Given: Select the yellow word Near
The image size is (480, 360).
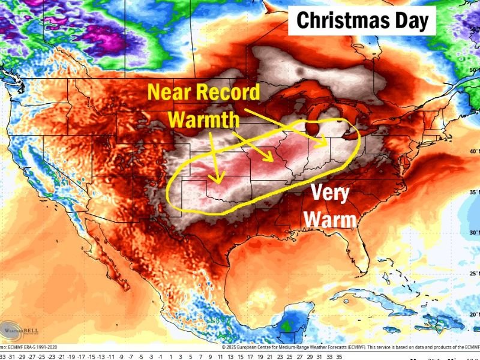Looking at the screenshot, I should click(x=172, y=92).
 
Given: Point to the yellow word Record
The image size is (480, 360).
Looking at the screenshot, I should click(x=229, y=92).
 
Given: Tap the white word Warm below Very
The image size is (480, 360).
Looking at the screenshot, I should click(x=330, y=220).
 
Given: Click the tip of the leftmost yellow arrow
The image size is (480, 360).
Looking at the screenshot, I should click(x=219, y=181).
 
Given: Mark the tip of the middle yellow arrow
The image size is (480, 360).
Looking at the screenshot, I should click(x=273, y=161).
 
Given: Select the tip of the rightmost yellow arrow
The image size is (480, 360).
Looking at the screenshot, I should click(x=328, y=145).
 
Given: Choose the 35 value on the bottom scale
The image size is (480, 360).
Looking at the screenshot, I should click(x=339, y=355).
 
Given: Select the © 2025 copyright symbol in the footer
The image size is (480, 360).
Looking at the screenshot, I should click(x=223, y=347).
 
